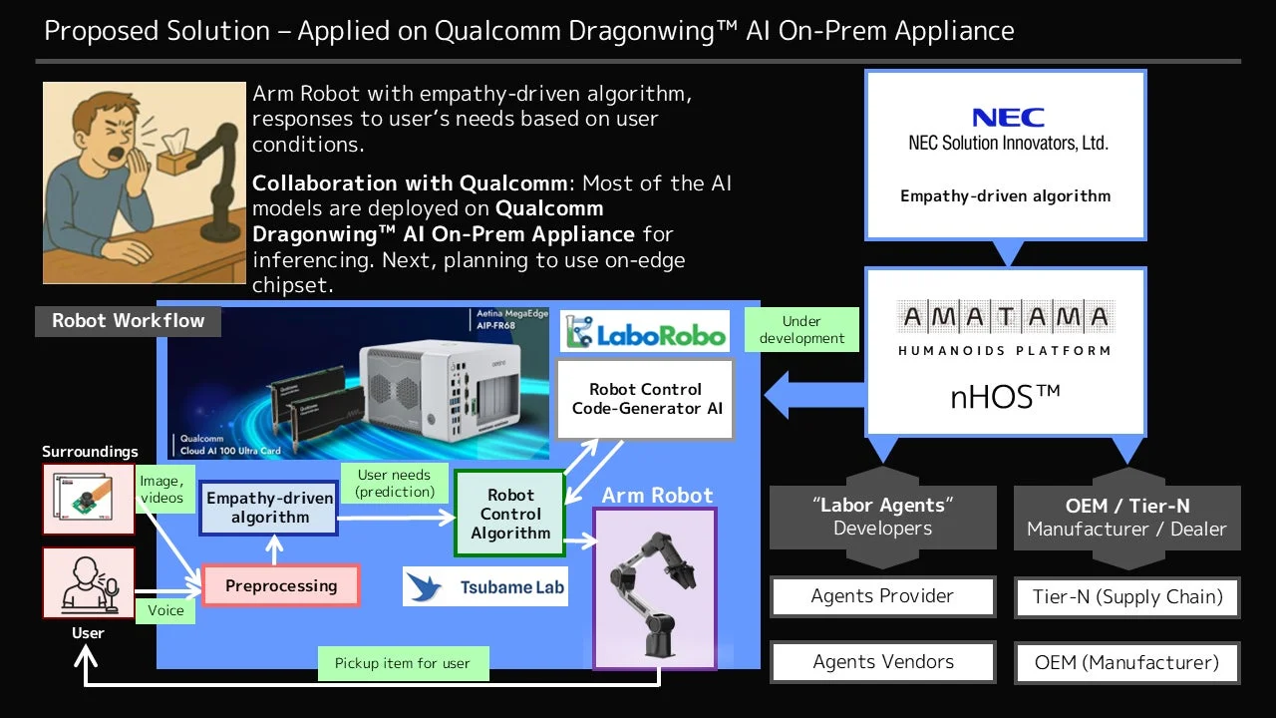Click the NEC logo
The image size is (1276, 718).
(1008, 118)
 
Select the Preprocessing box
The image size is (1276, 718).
(280, 585)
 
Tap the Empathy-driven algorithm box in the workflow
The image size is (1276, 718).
(269, 508)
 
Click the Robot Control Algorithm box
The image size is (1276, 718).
(510, 514)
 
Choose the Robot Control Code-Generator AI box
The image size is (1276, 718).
(646, 398)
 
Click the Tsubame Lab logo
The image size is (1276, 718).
(485, 587)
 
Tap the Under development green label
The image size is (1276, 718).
(801, 329)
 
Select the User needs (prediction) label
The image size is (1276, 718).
(395, 483)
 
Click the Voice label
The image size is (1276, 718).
(165, 609)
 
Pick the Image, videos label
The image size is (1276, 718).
(161, 490)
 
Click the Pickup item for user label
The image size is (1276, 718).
(403, 663)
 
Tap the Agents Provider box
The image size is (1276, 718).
(882, 596)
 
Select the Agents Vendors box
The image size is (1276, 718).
(882, 662)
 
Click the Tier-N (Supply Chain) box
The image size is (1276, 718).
(1126, 597)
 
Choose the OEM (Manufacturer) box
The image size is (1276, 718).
(1126, 662)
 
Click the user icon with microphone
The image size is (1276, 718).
(88, 582)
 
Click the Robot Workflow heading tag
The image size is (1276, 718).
(128, 321)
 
